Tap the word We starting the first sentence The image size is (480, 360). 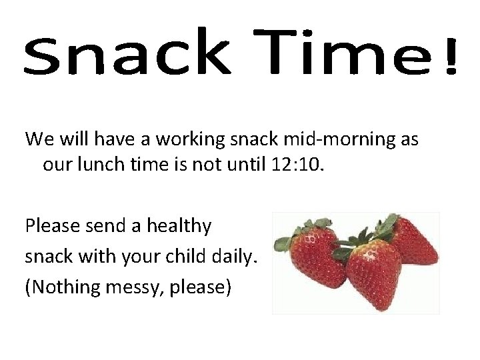point(39,139)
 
